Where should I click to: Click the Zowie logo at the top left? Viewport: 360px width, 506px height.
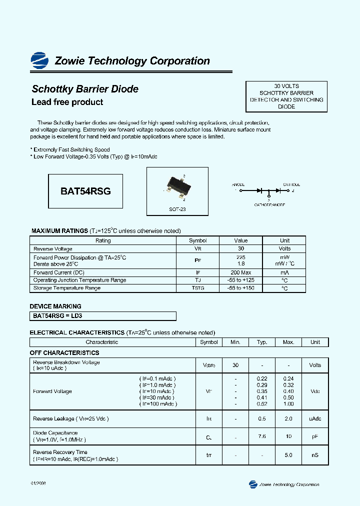point(39,60)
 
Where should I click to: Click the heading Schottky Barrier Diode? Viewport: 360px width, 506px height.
point(85,89)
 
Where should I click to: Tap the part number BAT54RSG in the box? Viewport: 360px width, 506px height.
point(85,191)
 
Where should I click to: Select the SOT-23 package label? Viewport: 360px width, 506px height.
point(177,209)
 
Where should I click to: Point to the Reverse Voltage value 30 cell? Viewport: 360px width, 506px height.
point(241,248)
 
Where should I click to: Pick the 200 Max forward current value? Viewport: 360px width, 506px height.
point(241,272)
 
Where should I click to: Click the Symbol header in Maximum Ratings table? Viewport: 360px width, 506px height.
point(197,240)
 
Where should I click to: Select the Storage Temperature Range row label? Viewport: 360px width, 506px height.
point(67,288)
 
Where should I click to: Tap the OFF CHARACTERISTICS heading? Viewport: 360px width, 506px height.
point(64,353)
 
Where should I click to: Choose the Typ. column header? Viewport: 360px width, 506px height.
point(262,342)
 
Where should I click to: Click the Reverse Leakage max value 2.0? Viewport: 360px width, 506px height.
point(288,418)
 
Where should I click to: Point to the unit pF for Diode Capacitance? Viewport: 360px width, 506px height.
point(315,436)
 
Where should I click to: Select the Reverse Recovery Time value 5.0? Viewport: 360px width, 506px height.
point(288,455)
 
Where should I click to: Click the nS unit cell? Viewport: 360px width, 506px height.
point(315,455)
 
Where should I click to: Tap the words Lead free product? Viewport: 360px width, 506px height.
point(67,102)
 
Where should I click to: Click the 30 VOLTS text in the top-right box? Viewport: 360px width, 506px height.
point(286,86)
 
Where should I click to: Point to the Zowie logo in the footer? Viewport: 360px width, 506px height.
point(253,484)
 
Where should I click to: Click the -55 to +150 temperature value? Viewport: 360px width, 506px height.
point(241,288)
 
